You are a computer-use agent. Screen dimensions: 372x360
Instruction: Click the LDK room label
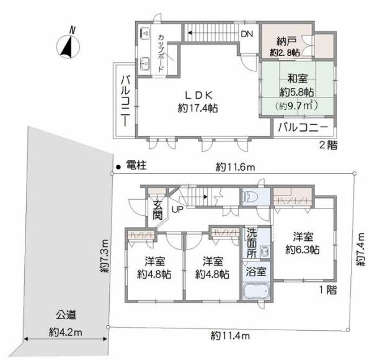click(x=199, y=95)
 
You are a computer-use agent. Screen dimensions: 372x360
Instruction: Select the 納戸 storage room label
click(x=286, y=42)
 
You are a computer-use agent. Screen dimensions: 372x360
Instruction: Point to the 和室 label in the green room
click(x=298, y=79)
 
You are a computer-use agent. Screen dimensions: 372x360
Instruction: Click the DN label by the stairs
click(x=247, y=34)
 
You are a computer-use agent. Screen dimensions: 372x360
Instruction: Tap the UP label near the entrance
click(x=177, y=209)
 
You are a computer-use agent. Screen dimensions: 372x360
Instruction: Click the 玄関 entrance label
click(x=157, y=210)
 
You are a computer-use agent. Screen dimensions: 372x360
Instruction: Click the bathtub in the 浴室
click(x=256, y=290)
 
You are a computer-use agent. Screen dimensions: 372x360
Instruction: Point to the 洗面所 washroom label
click(x=252, y=243)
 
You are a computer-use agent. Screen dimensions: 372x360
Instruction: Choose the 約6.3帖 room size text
click(x=303, y=250)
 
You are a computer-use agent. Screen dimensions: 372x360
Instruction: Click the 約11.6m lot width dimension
click(x=236, y=168)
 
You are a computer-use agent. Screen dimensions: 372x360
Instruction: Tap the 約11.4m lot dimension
click(x=230, y=336)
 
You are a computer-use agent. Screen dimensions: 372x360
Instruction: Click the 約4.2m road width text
click(x=65, y=332)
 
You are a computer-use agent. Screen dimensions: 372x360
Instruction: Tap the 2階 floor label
click(x=328, y=145)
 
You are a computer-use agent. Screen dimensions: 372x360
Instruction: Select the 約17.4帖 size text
click(x=198, y=109)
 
